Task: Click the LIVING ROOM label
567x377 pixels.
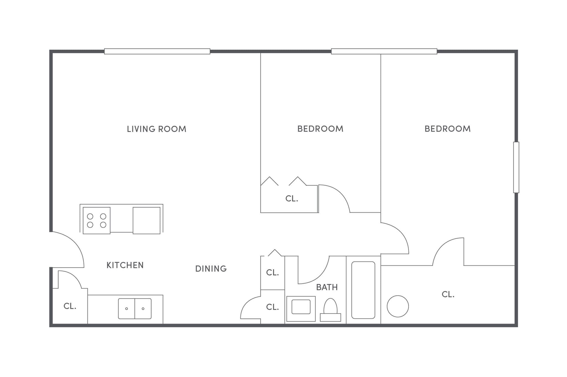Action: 156,129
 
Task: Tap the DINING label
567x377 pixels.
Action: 211,268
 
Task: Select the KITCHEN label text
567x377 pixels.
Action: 125,265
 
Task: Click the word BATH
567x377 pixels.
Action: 327,287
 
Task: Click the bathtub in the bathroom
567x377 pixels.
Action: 363,290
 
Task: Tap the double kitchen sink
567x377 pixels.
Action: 135,308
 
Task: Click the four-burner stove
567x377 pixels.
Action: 97,220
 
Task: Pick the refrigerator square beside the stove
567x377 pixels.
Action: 146,220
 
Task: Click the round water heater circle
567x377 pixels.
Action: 398,306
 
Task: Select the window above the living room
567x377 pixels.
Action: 157,51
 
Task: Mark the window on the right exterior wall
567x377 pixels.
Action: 516,167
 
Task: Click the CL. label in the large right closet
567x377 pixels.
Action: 448,294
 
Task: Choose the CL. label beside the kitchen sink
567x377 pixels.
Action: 70,306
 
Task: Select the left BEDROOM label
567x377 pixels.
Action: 320,129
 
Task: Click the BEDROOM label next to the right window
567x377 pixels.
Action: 447,129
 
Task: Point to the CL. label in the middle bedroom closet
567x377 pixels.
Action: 292,198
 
